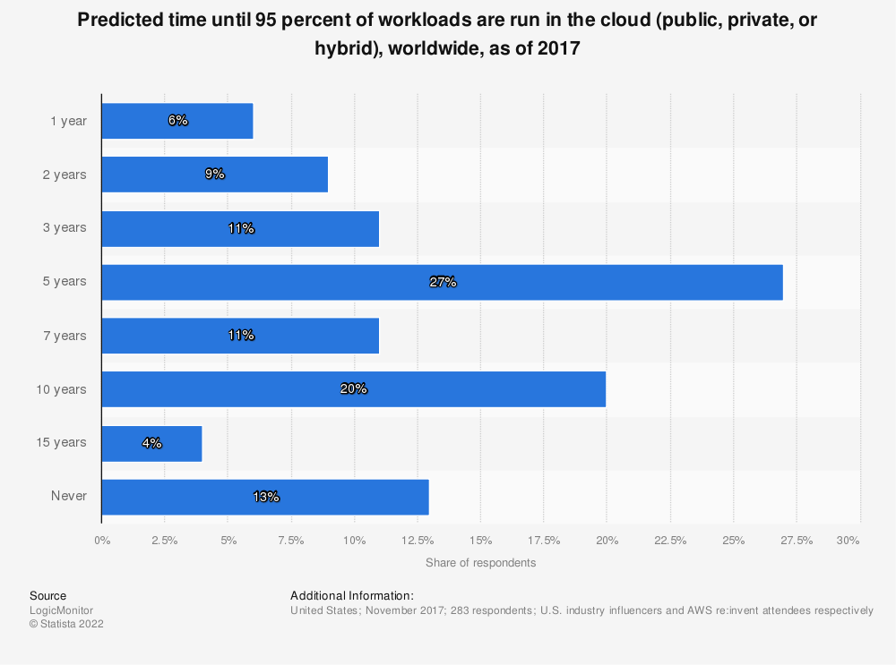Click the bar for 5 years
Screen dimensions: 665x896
tap(442, 282)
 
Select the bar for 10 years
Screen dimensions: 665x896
tap(353, 389)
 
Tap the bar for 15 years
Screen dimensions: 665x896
tap(151, 443)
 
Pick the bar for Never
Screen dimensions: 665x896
tap(265, 497)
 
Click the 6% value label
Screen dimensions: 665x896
tap(177, 121)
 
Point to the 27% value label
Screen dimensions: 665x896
tap(443, 282)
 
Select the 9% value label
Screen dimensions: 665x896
tap(214, 175)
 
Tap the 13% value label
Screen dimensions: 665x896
tap(266, 497)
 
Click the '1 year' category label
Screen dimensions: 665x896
tap(68, 121)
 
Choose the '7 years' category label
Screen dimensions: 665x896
tap(65, 336)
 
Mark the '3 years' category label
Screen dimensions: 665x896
tap(65, 228)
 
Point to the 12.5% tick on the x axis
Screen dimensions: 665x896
tap(418, 540)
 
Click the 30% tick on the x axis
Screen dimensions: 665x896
tap(848, 540)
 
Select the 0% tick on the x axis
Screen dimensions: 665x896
tap(102, 540)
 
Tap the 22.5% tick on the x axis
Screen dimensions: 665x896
tap(670, 540)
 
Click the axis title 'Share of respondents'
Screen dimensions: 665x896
tap(480, 563)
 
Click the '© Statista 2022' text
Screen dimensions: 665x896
tap(66, 625)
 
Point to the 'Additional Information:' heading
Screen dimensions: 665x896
tap(351, 595)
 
